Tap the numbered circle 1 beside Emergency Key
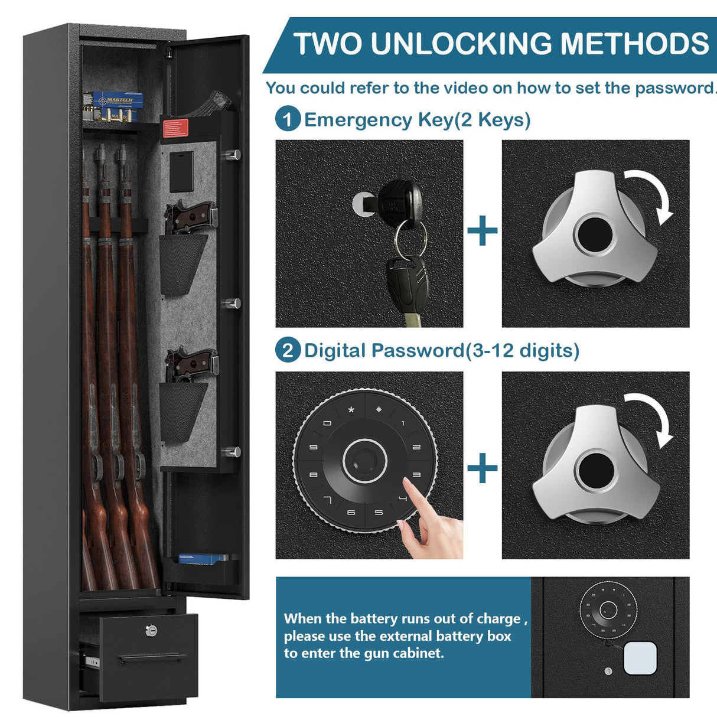[288, 119]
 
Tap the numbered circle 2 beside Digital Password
[288, 350]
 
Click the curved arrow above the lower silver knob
[653, 419]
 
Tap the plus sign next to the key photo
[483, 231]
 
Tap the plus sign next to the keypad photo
[483, 468]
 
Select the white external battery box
[640, 659]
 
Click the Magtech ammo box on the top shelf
[114, 105]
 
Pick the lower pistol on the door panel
[190, 364]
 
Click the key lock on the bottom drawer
[151, 631]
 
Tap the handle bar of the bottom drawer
[151, 658]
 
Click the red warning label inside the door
[174, 128]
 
